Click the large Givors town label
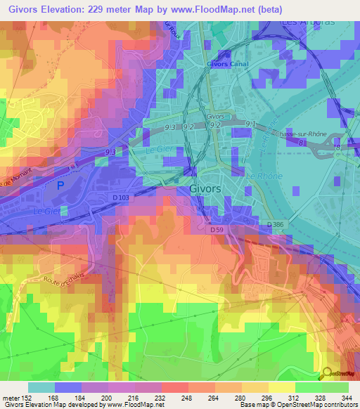(205, 189)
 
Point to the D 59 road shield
(217, 228)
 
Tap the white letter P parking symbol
(60, 184)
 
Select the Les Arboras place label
(308, 21)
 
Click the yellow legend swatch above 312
(281, 387)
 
